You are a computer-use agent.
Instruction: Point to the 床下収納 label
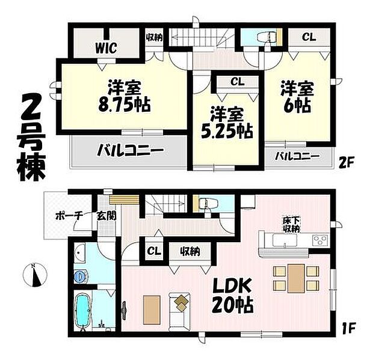pyautogui.click(x=293, y=224)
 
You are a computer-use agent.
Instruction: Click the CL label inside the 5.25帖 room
pyautogui.click(x=236, y=82)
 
